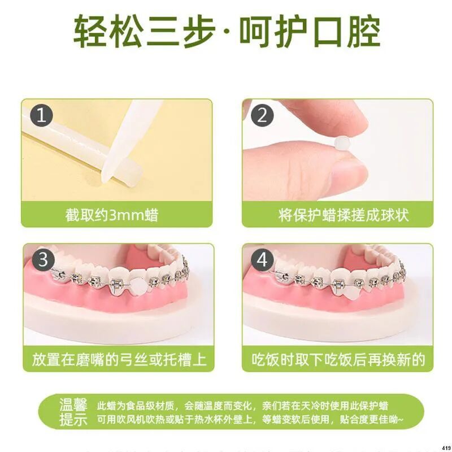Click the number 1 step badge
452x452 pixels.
pos(41,117)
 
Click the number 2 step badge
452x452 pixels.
pos(262,117)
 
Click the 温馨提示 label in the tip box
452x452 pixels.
pos(73,412)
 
